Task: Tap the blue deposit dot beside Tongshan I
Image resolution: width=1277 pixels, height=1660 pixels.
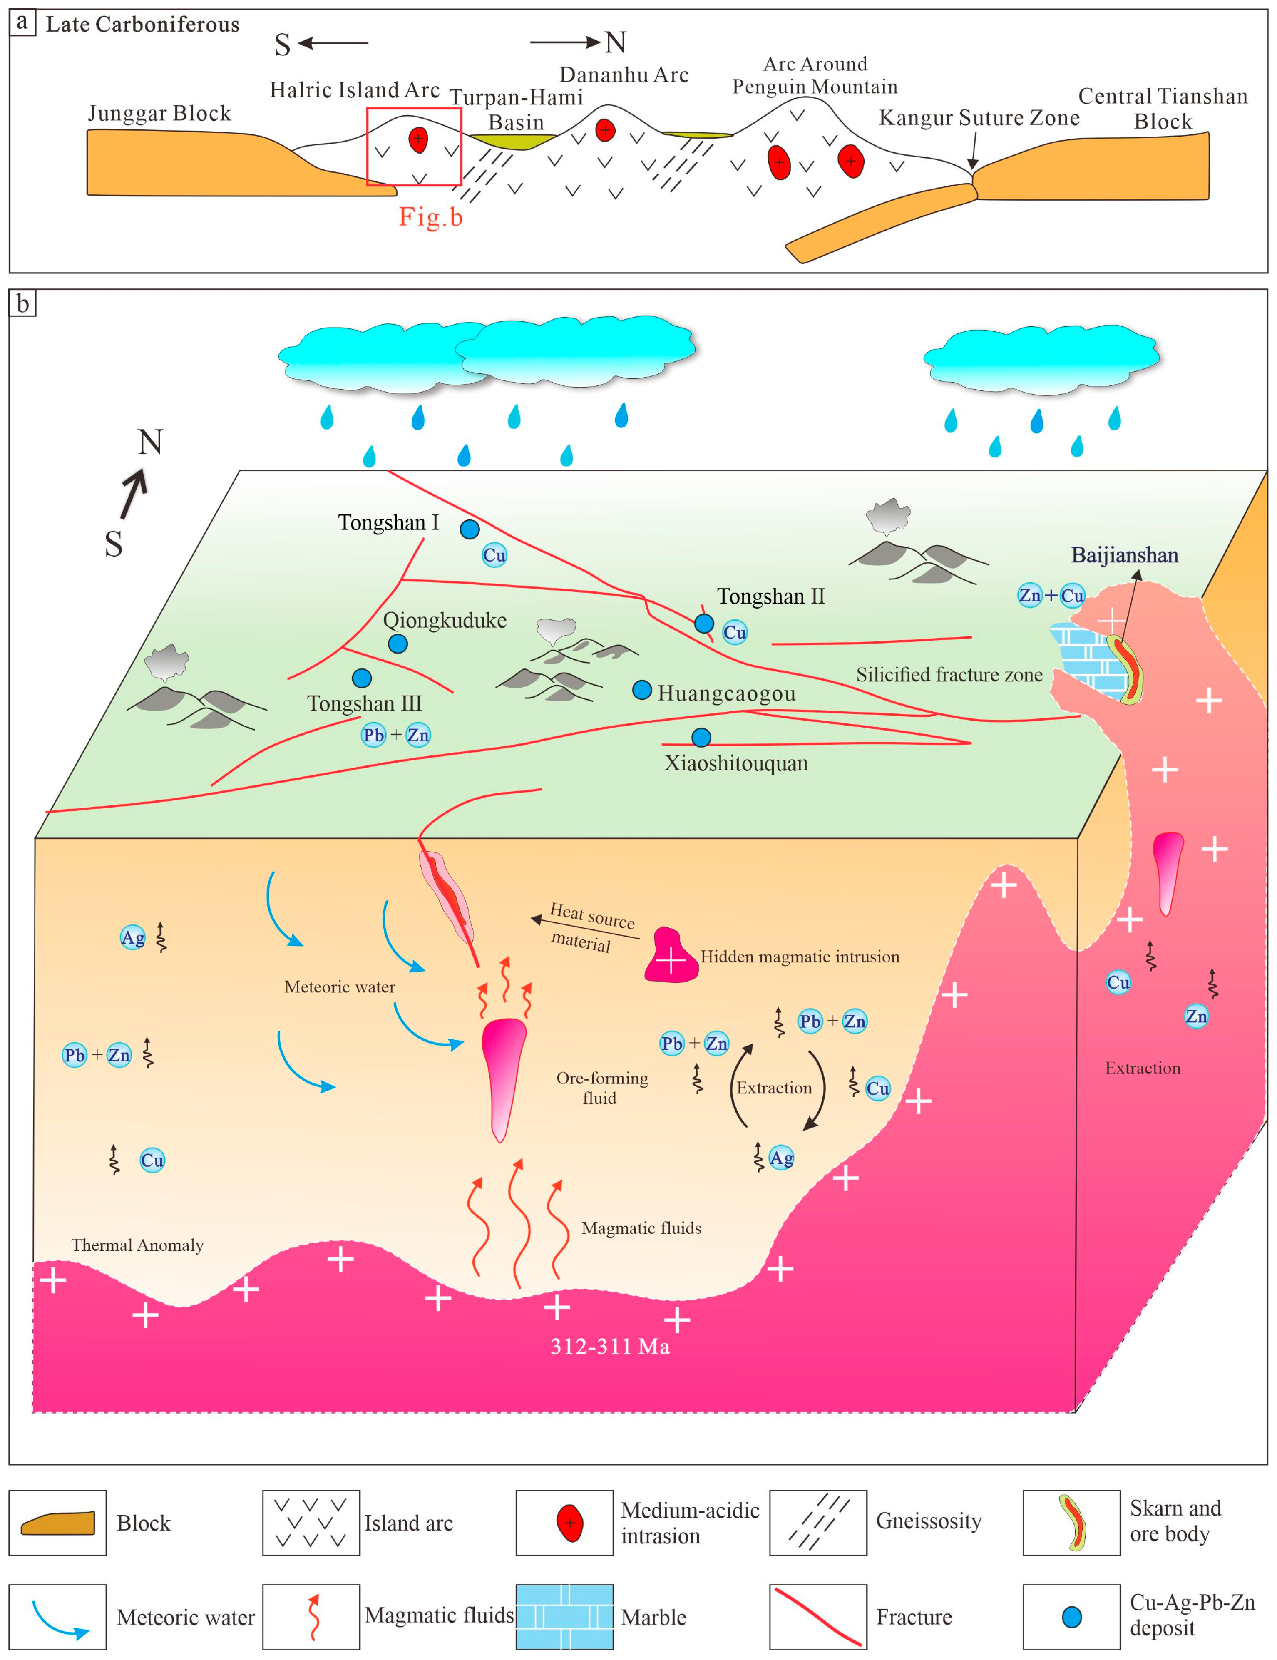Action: [470, 529]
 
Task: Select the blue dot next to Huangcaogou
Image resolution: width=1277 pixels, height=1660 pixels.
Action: [642, 690]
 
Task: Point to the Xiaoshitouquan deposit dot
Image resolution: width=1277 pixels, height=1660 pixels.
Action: [701, 737]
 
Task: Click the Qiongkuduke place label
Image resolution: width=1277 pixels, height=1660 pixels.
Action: [445, 620]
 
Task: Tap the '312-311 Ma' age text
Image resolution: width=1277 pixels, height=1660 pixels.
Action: [610, 1347]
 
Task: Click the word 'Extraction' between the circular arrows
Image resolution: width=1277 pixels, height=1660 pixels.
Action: [774, 1088]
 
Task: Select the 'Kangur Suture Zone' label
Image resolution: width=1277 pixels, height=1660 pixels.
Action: [979, 118]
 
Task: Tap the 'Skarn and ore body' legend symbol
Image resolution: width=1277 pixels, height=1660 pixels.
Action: [1072, 1522]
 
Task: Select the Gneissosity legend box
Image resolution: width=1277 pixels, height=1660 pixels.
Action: [818, 1522]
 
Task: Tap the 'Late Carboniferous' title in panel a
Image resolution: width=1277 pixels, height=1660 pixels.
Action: [142, 24]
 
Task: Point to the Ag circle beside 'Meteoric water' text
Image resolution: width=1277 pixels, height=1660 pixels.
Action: [133, 937]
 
